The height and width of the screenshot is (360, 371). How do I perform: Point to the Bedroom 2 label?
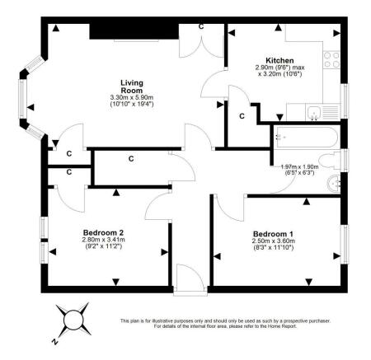click(x=103, y=233)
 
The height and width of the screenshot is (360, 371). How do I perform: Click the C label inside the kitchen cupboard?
click(x=242, y=116)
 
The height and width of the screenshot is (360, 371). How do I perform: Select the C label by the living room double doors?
click(x=202, y=27)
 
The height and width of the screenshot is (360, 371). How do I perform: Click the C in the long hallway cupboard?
click(x=130, y=158)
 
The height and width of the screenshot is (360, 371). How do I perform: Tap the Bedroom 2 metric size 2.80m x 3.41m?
click(x=103, y=241)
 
